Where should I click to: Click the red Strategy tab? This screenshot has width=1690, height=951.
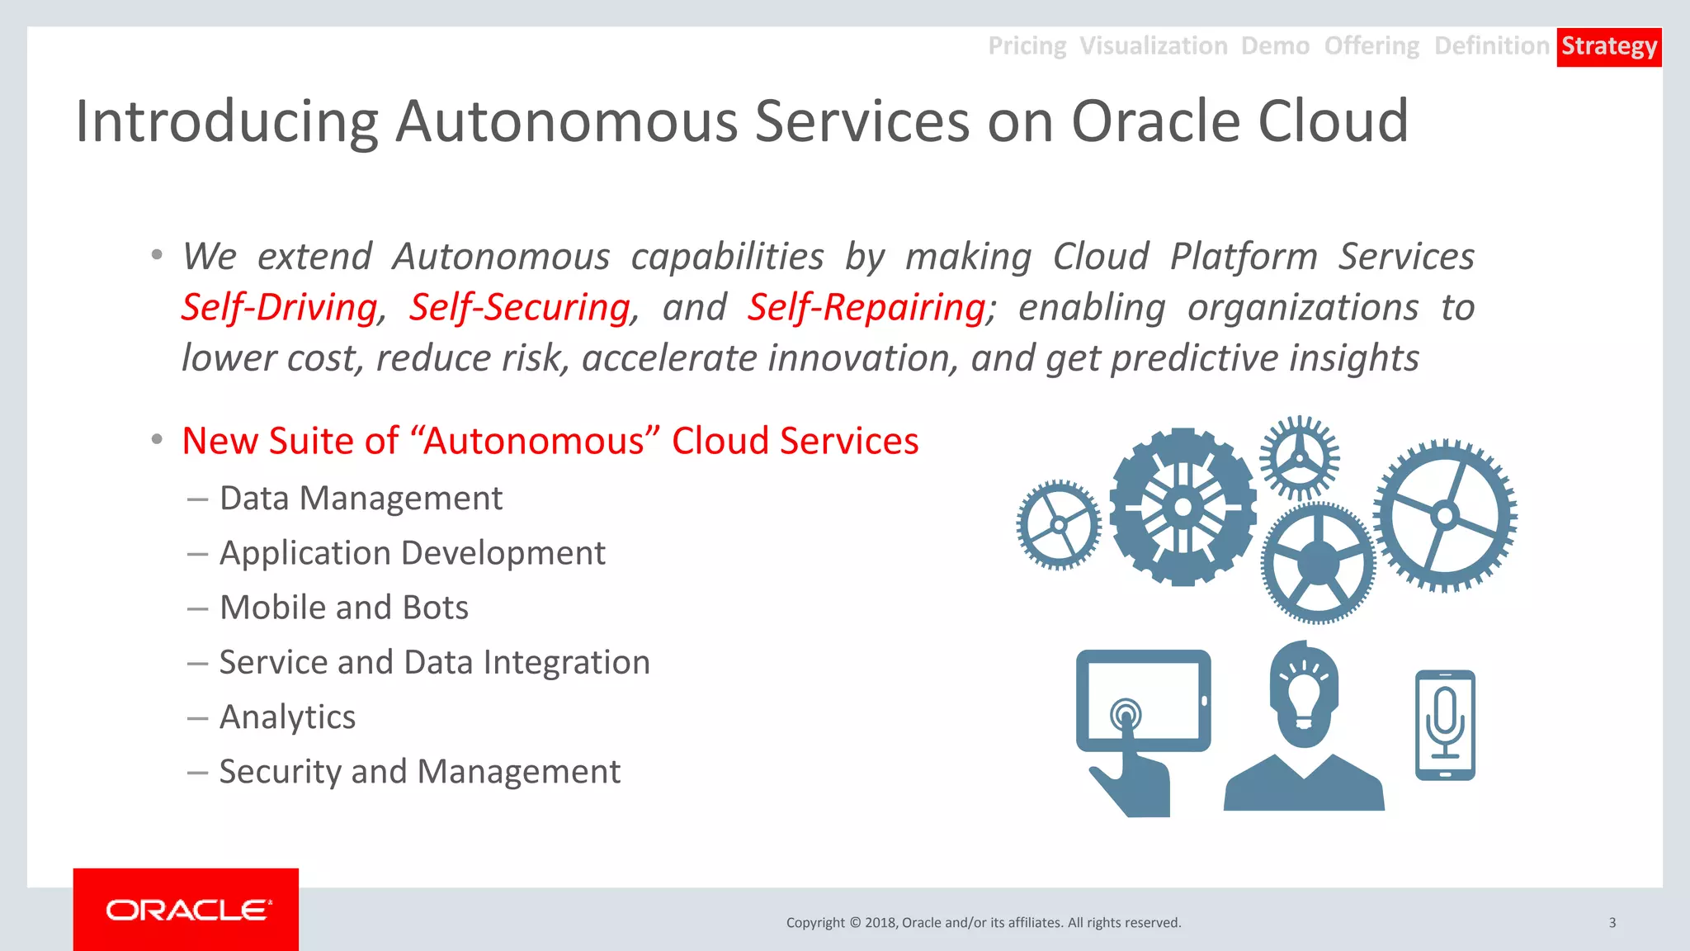click(1608, 46)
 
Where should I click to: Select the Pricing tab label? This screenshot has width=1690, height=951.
click(1027, 46)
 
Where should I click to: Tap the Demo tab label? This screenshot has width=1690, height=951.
click(1275, 46)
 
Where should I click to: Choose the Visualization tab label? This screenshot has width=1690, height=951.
click(1153, 46)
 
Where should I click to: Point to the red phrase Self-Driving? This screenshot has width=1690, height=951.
click(279, 307)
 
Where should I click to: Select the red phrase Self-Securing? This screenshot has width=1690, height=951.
click(520, 307)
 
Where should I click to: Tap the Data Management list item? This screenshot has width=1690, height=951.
click(361, 499)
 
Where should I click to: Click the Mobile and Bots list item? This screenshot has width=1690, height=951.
click(343, 608)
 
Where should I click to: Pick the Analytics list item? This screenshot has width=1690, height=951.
click(287, 717)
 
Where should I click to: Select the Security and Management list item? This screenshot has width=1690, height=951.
click(419, 772)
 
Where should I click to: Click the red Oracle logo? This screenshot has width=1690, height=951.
click(186, 910)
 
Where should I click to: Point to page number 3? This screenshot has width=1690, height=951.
click(1612, 923)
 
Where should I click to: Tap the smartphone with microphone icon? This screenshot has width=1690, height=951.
click(1445, 725)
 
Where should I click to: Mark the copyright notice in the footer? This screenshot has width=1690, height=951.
click(983, 923)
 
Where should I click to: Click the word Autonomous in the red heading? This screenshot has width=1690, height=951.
click(533, 441)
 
